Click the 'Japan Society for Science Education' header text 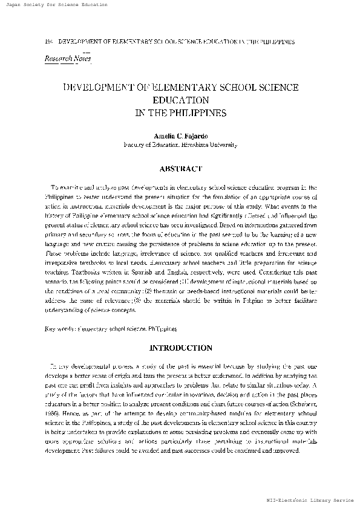[54, 4]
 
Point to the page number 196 [50, 42]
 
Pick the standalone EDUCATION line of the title [180, 100]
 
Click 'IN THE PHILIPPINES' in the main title [180, 112]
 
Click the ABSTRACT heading [180, 169]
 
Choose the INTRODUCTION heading [180, 348]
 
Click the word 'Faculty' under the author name [135, 145]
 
